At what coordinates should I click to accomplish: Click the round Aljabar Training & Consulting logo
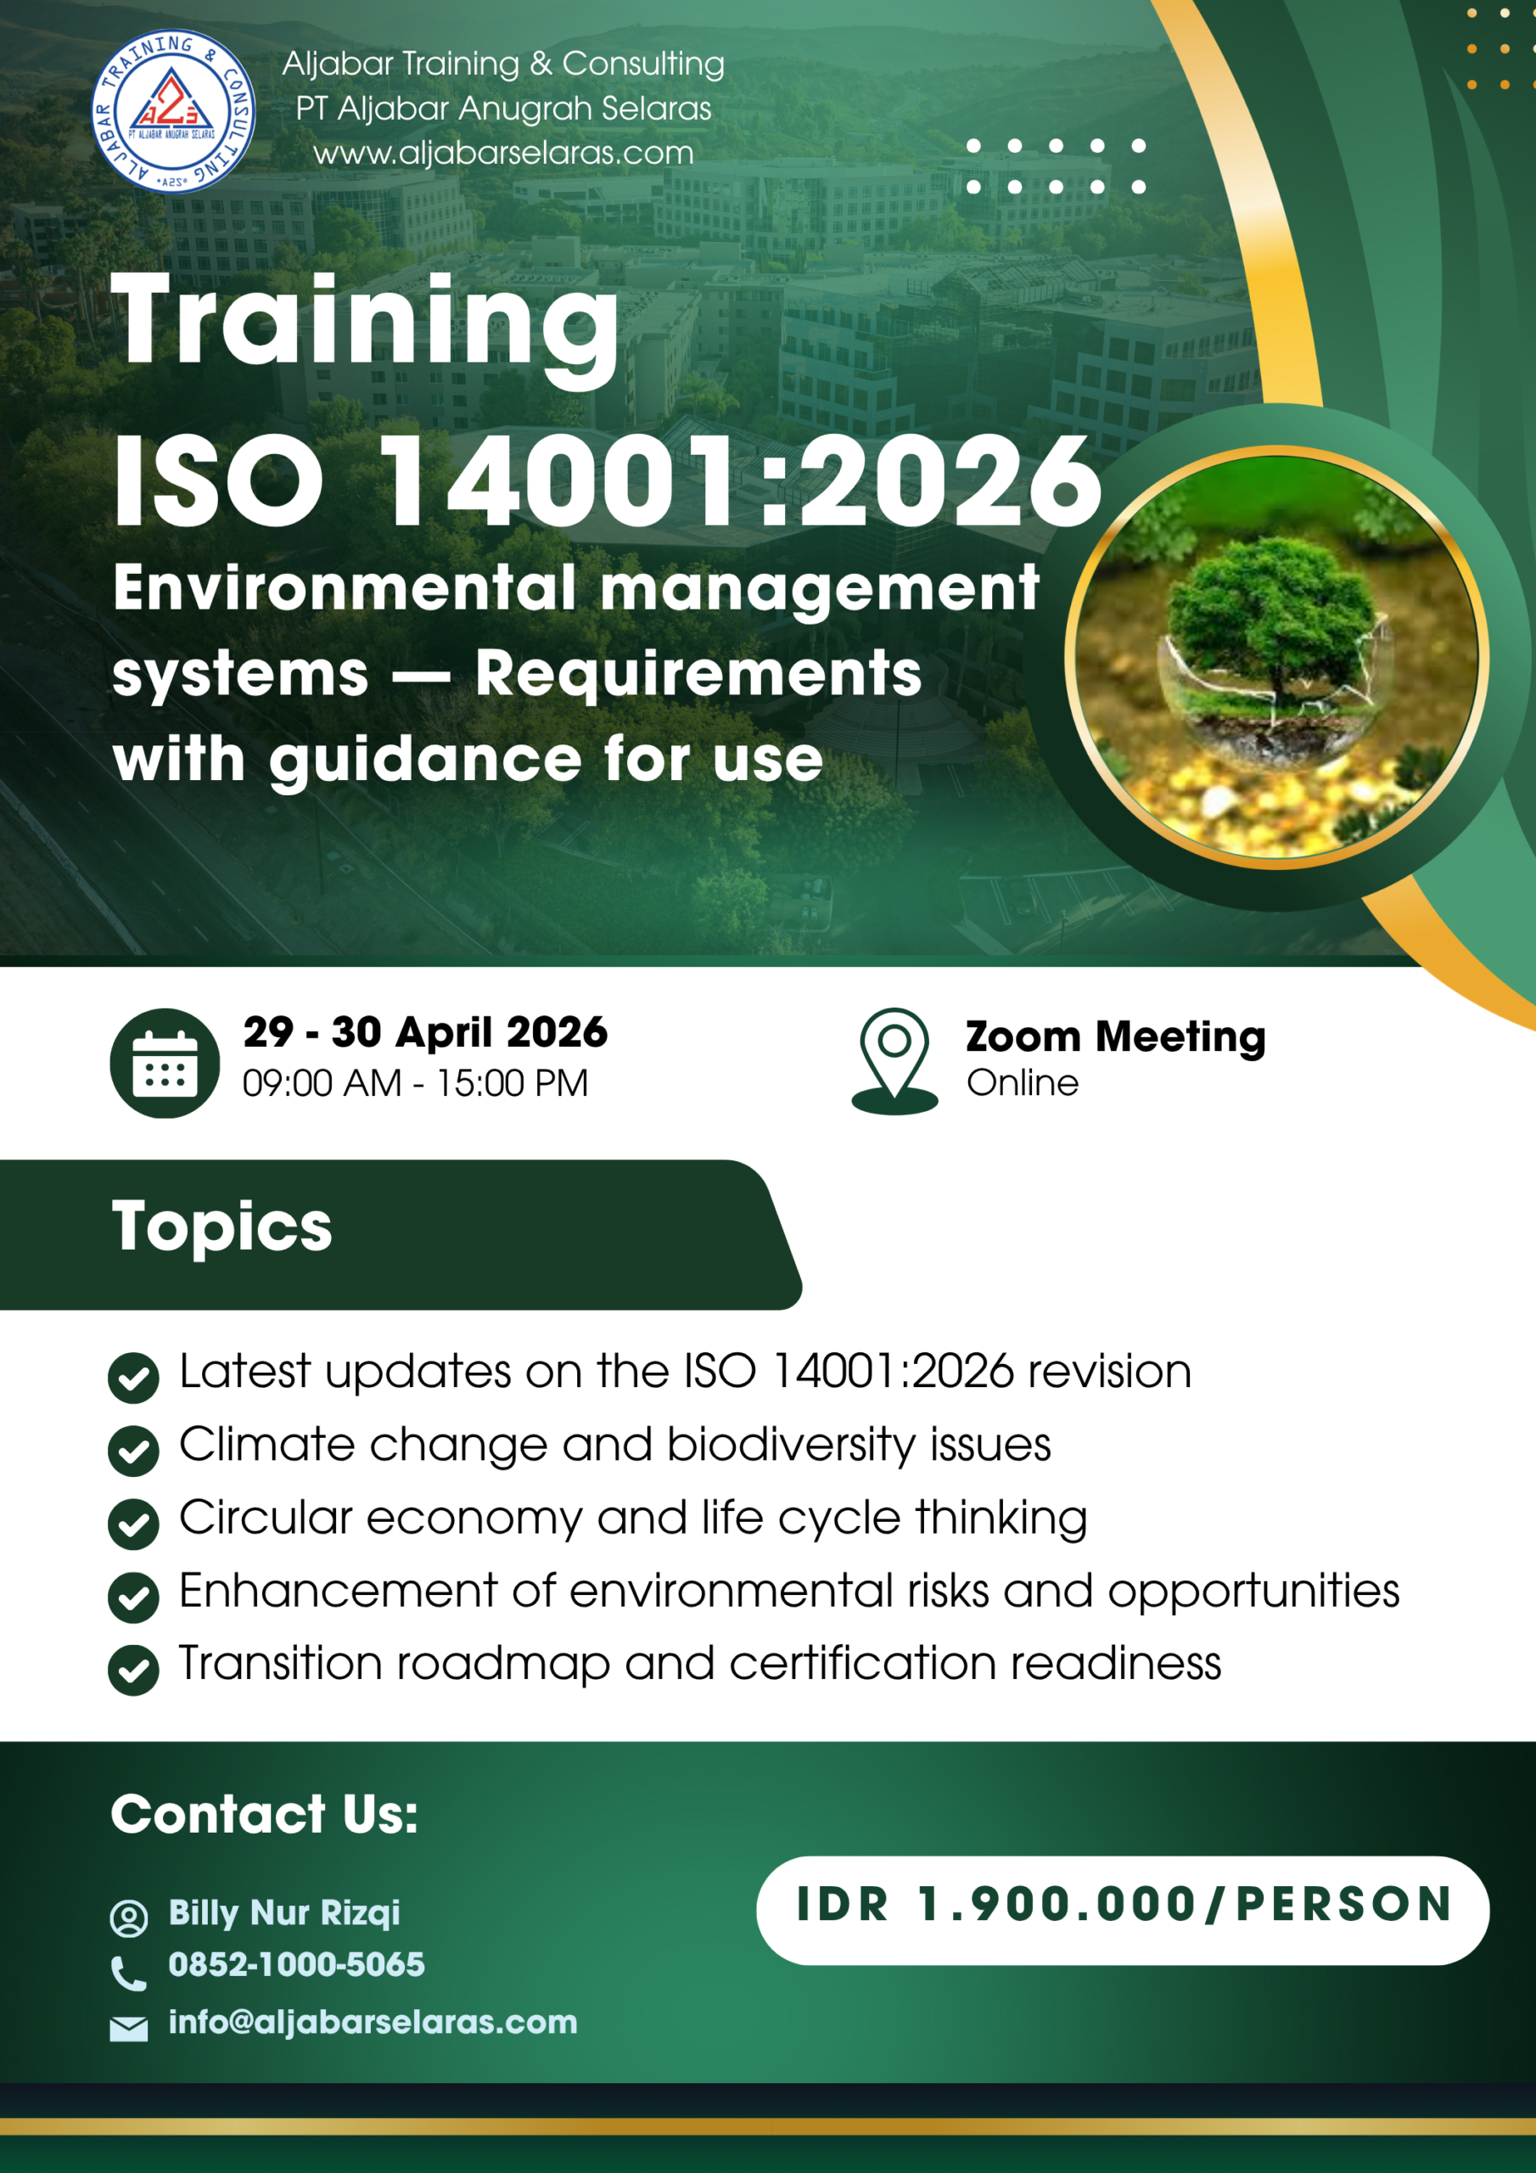pyautogui.click(x=173, y=110)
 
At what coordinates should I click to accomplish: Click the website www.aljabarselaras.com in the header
pyautogui.click(x=503, y=154)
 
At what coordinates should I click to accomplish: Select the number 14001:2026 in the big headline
pyautogui.click(x=741, y=480)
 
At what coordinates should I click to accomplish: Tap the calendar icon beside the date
pyautogui.click(x=165, y=1063)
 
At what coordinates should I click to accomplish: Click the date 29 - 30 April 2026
pyautogui.click(x=425, y=1031)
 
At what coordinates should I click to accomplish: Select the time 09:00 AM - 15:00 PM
pyautogui.click(x=416, y=1083)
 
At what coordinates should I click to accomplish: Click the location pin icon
pyautogui.click(x=894, y=1061)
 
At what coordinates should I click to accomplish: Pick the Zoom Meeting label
pyautogui.click(x=1116, y=1037)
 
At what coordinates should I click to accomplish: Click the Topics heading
pyautogui.click(x=222, y=1227)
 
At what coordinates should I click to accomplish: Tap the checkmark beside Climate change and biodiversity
pyautogui.click(x=133, y=1451)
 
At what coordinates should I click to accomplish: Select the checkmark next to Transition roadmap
pyautogui.click(x=133, y=1670)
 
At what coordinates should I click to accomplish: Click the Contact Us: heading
pyautogui.click(x=264, y=1814)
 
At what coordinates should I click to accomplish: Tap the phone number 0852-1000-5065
pyautogui.click(x=297, y=1965)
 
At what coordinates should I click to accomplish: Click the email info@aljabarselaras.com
pyautogui.click(x=373, y=2023)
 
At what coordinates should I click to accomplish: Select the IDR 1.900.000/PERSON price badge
pyautogui.click(x=1123, y=1910)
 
